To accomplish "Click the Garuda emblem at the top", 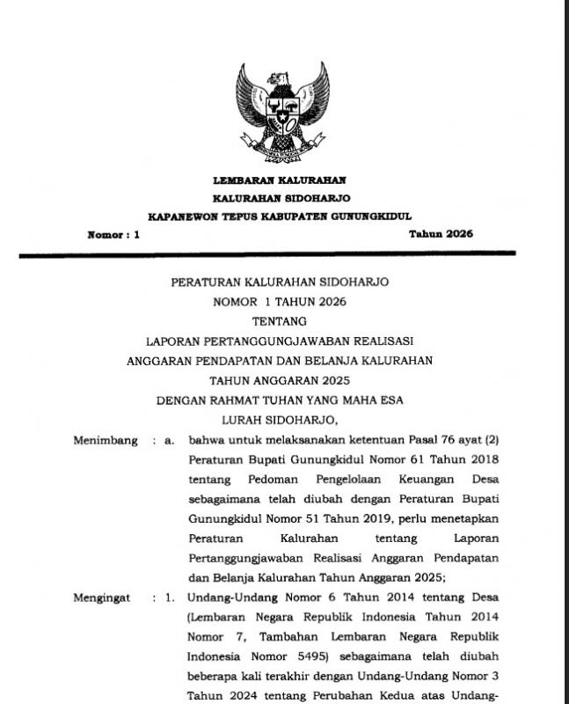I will coord(281,112).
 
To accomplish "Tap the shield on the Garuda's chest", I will coord(281,113).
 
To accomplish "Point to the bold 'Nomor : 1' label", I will coord(113,235).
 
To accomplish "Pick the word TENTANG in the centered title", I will coord(280,322).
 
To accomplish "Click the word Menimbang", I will coord(106,440).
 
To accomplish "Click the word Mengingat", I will coord(102,598).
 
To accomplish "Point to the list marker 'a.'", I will coord(170,440).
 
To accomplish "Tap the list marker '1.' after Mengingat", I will coord(170,598).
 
